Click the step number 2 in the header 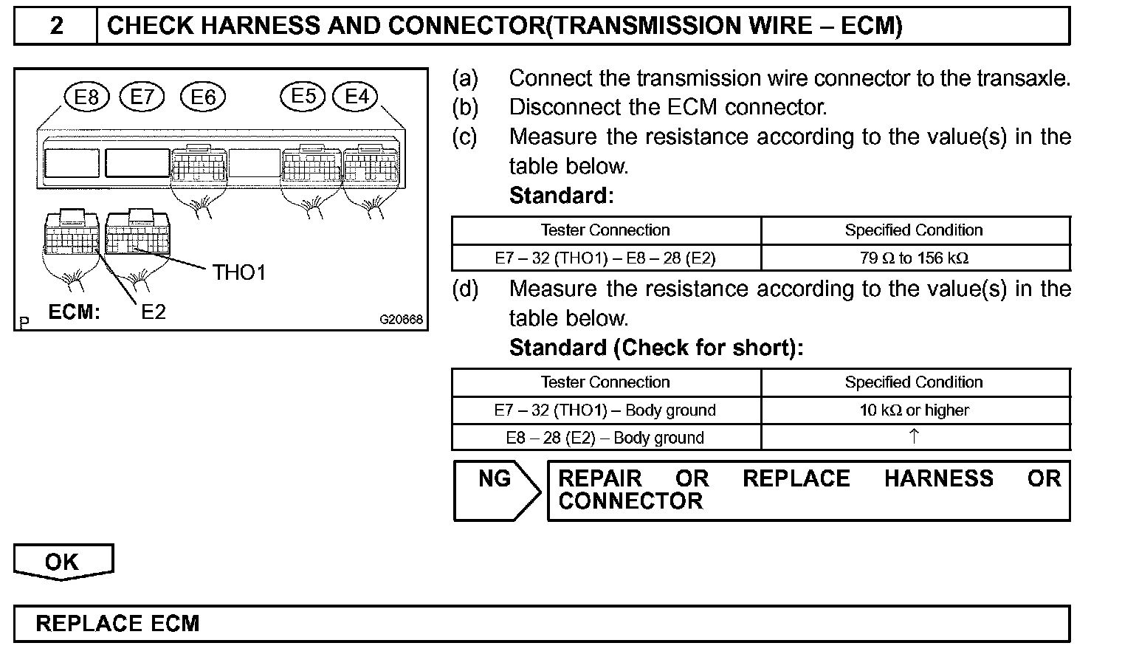click(56, 27)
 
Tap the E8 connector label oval click(86, 97)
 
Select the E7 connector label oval click(142, 97)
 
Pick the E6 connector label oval click(203, 97)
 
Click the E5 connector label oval click(303, 97)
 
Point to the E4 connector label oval click(357, 97)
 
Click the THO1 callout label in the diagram click(238, 273)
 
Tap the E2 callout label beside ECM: click(154, 312)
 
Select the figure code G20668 click(401, 320)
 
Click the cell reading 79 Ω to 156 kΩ click(914, 258)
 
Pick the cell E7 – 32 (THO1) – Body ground click(605, 410)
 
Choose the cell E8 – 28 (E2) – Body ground click(605, 438)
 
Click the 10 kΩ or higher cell click(914, 410)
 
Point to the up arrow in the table click(914, 437)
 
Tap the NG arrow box click(496, 489)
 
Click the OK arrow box click(63, 563)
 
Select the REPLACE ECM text click(117, 624)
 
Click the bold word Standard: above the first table click(561, 196)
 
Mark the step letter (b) click(465, 108)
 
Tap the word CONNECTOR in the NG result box click(630, 502)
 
